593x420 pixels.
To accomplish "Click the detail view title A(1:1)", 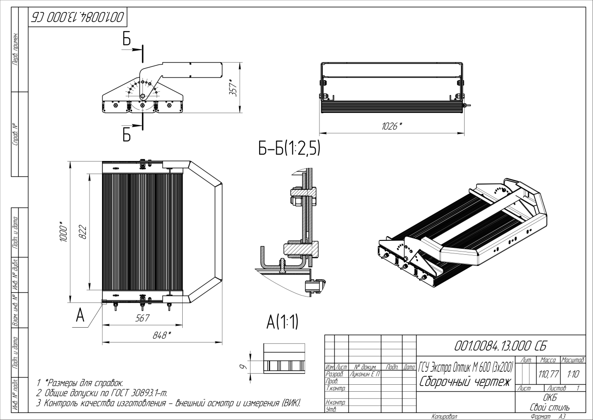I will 282,323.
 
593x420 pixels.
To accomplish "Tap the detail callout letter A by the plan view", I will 79,316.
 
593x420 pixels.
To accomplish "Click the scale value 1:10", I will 572,373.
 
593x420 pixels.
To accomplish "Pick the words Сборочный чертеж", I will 465,382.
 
